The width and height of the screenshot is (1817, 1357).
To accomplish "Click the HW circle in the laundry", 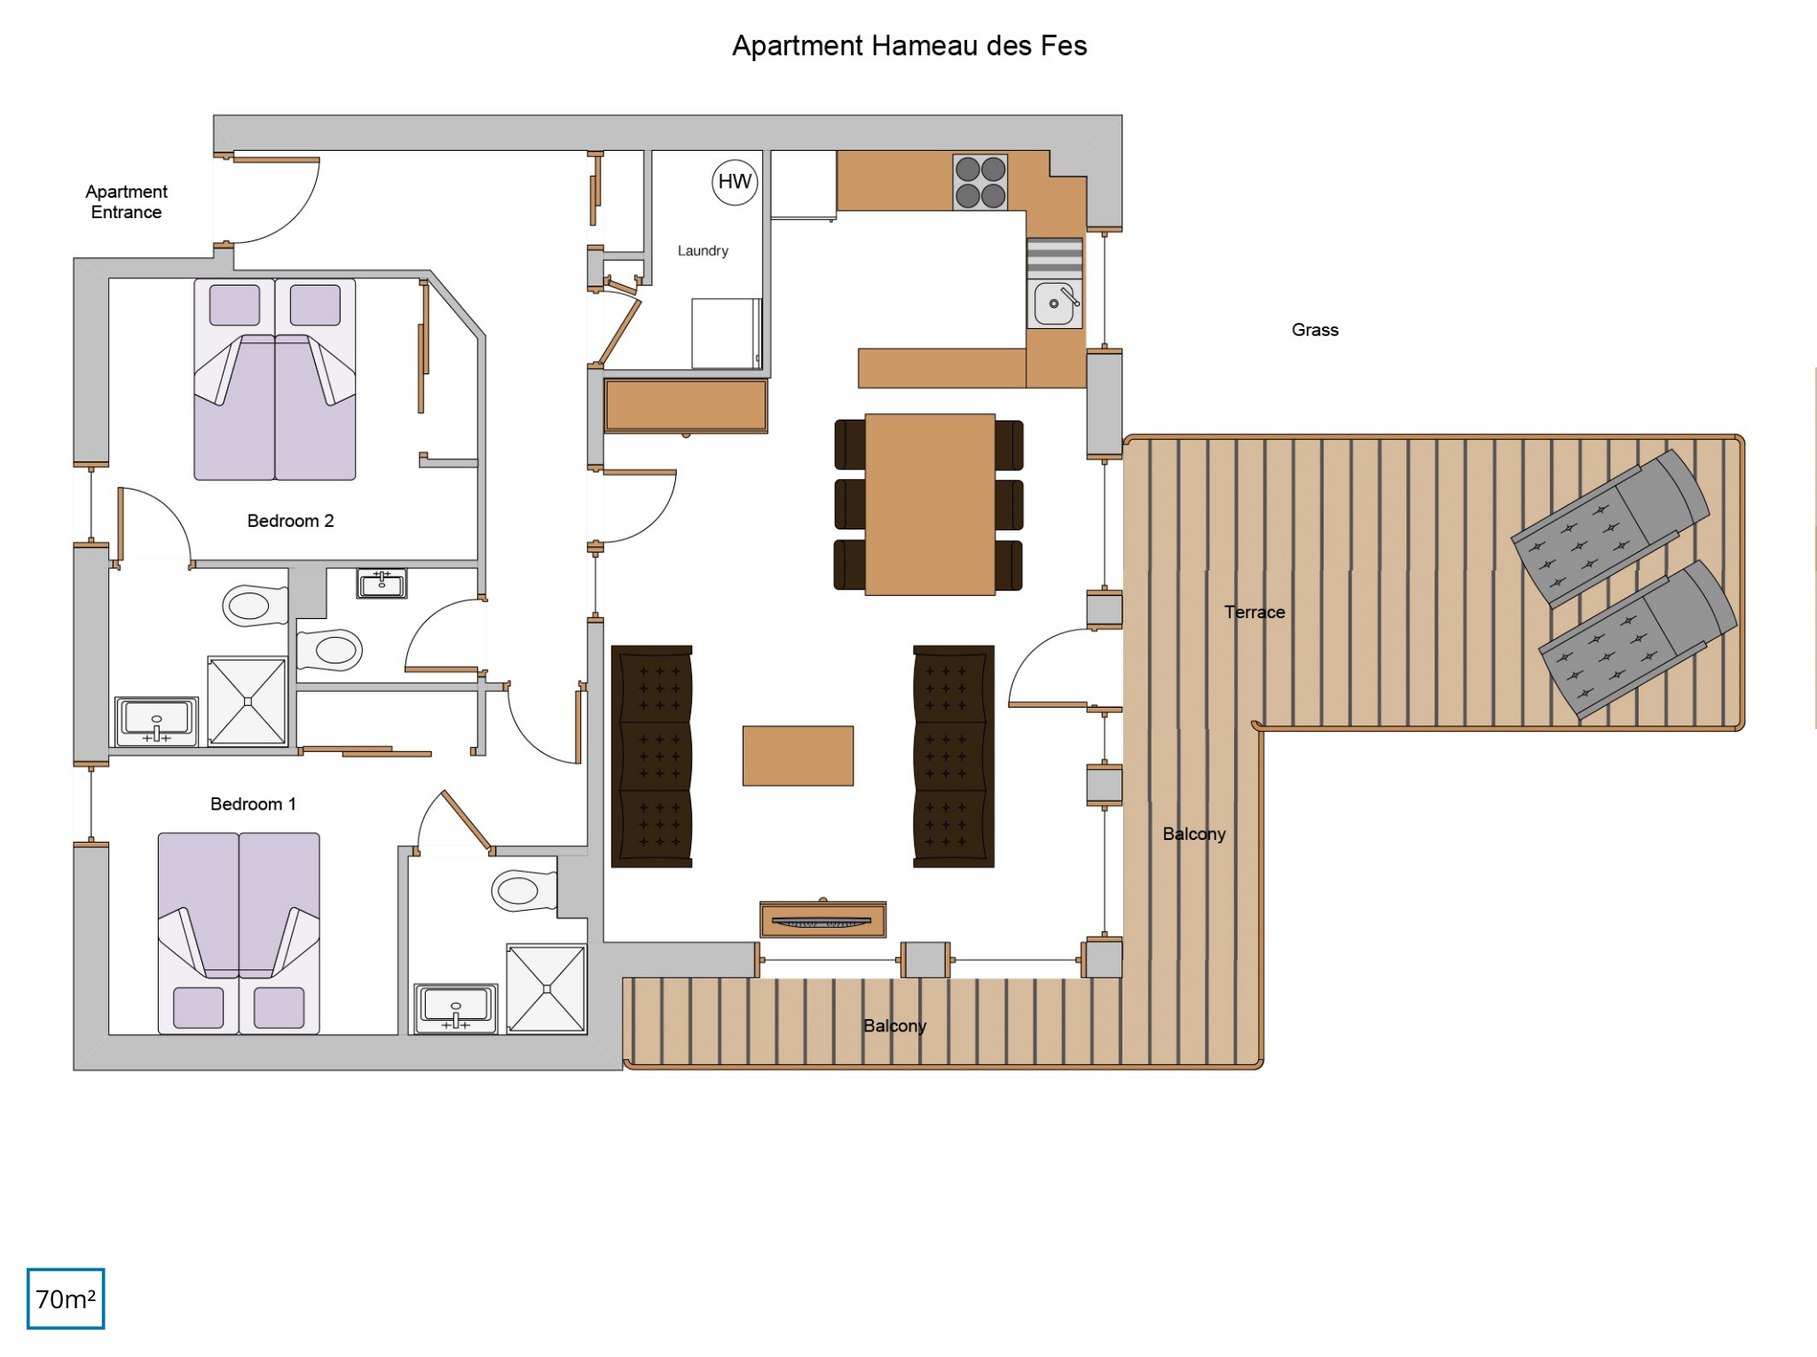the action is [735, 182].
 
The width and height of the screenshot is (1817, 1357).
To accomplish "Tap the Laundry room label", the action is [703, 251].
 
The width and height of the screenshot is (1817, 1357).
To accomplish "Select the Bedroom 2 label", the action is [290, 521].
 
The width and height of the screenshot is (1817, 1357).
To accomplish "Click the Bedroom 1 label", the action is [253, 804].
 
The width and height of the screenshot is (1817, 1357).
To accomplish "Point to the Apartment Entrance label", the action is [126, 201].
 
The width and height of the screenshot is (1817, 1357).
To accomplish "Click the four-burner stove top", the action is [980, 182].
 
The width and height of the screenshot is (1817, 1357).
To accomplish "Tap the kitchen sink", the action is [1055, 303].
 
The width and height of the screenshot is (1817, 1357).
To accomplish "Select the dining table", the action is [930, 504].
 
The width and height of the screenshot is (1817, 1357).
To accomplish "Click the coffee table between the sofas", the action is [798, 756].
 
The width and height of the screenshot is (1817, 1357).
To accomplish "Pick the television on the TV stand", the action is [822, 922].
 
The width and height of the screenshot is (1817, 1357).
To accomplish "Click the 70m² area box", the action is [66, 1298].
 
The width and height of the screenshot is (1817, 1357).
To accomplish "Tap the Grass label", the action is [1315, 330].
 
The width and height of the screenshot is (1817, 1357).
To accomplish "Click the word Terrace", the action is [1255, 612].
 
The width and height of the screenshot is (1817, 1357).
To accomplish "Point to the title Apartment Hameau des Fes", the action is [909, 45].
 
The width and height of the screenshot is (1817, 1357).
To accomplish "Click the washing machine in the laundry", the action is [727, 333].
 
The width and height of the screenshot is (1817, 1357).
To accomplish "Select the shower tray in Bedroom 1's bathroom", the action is [547, 989].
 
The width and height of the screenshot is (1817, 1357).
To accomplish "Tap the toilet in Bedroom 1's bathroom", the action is [524, 890].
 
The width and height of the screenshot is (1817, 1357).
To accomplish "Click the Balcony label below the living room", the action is [894, 1025].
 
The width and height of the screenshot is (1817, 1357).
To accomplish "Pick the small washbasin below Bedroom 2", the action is [381, 584].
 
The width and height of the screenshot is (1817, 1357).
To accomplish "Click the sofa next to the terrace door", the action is [954, 757].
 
